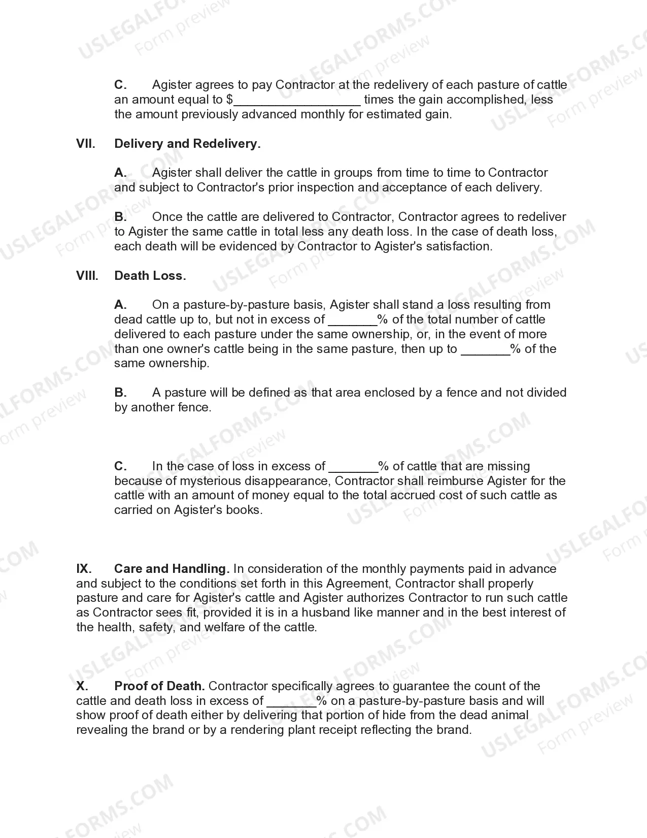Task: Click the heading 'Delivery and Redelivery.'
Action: tap(187, 144)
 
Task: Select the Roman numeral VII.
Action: tap(86, 144)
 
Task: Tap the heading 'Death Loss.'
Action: tap(150, 276)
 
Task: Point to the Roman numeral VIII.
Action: tap(87, 276)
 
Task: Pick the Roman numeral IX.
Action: tap(84, 569)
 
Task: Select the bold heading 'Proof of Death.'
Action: tap(159, 686)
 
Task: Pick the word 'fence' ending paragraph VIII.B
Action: tap(195, 407)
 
